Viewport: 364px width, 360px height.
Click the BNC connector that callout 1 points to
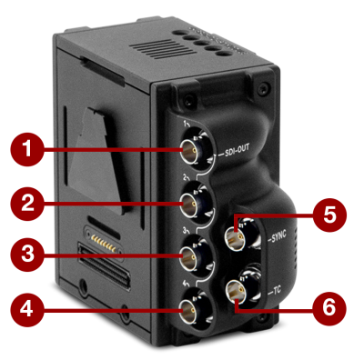pos(195,149)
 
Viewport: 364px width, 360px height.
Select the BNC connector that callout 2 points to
pos(194,202)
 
